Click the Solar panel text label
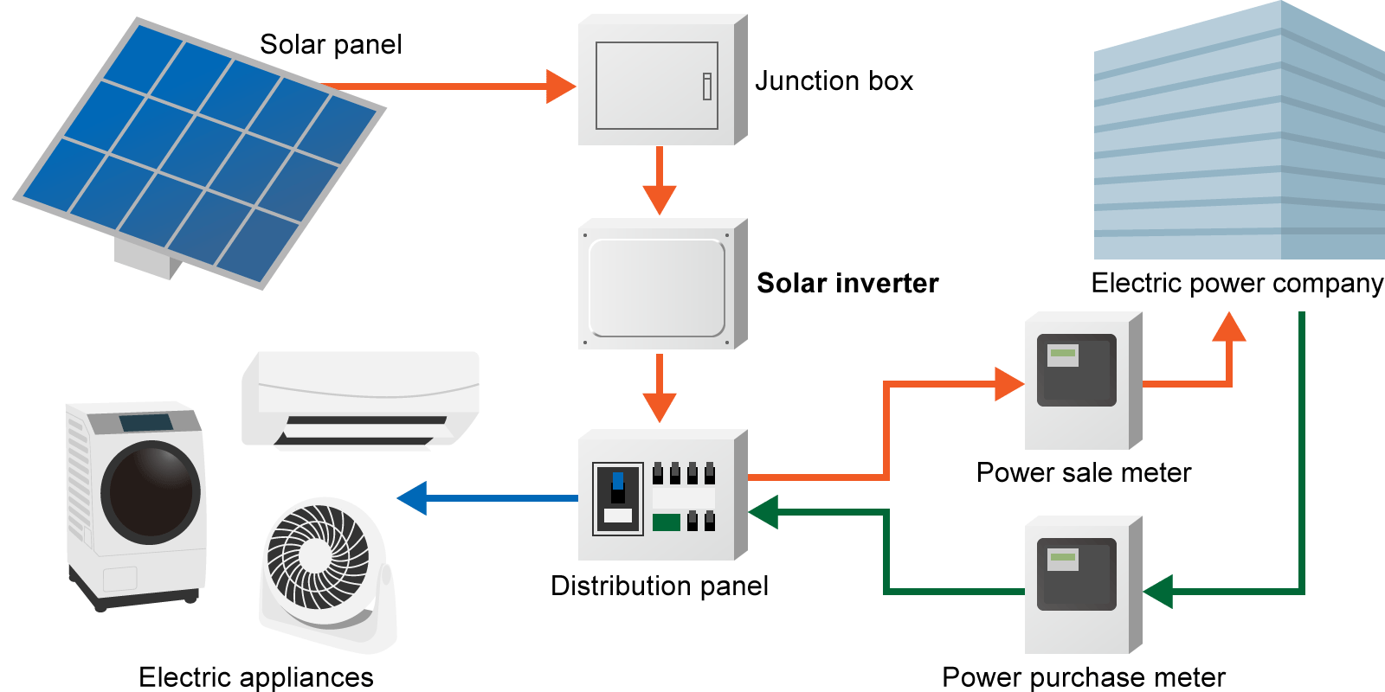pyautogui.click(x=331, y=45)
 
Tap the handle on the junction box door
pyautogui.click(x=707, y=86)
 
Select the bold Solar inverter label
pyautogui.click(x=847, y=284)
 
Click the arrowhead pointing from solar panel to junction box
pyautogui.click(x=560, y=86)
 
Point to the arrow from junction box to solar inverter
pyautogui.click(x=660, y=183)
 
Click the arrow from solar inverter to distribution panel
pyautogui.click(x=660, y=390)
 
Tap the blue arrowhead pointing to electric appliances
pyautogui.click(x=413, y=498)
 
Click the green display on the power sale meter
pyautogui.click(x=1062, y=354)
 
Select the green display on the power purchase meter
pyautogui.click(x=1062, y=558)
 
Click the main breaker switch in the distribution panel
pyautogui.click(x=617, y=489)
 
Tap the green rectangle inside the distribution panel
pyautogui.click(x=666, y=522)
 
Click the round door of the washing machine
pyautogui.click(x=151, y=492)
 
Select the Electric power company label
pyautogui.click(x=1237, y=284)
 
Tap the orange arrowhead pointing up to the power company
pyautogui.click(x=1228, y=328)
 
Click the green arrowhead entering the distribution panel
pyautogui.click(x=764, y=512)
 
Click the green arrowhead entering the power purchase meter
pyautogui.click(x=1158, y=592)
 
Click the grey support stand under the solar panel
pyautogui.click(x=145, y=259)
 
